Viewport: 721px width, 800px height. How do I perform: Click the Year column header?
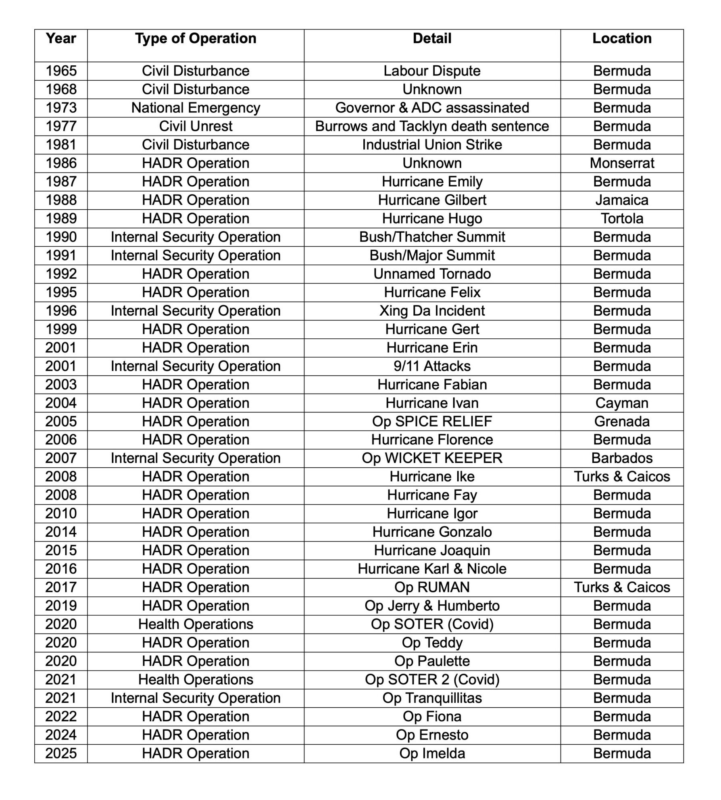(x=61, y=39)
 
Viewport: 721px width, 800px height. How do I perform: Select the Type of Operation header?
(x=196, y=39)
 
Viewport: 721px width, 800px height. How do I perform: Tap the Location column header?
(x=622, y=39)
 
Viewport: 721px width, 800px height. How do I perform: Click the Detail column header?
(x=432, y=39)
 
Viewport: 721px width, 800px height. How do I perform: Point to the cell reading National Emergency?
(x=196, y=108)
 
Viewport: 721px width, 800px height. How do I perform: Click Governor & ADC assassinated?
(x=432, y=108)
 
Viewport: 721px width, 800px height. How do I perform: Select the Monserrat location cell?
(x=622, y=163)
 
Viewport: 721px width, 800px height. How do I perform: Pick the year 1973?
(x=61, y=108)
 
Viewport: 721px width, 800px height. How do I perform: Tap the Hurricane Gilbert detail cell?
(x=432, y=200)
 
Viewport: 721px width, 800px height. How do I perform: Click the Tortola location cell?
(x=622, y=219)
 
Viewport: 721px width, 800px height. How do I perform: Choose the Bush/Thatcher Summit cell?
(x=432, y=237)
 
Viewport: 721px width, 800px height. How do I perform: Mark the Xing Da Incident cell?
(x=432, y=311)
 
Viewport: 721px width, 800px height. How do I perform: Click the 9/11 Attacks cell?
(x=432, y=366)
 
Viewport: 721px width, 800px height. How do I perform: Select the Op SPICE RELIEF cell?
(x=432, y=421)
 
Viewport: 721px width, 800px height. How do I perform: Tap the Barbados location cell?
(x=622, y=458)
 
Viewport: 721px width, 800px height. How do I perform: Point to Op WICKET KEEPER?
(x=432, y=458)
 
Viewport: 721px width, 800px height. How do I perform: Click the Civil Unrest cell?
(x=196, y=127)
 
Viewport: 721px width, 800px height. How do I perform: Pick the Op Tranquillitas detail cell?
(x=432, y=698)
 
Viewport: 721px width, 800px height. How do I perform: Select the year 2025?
(x=61, y=753)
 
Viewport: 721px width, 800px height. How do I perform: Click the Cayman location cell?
(x=622, y=403)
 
